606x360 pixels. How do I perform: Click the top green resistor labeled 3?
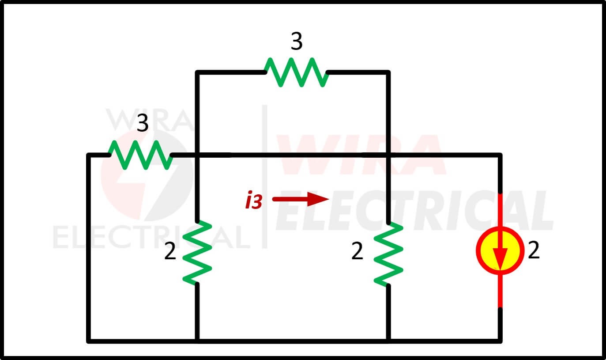[x=297, y=72]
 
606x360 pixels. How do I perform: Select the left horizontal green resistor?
[x=141, y=155]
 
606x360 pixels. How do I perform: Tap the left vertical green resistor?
[x=197, y=253]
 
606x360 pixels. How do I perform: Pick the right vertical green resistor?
[x=388, y=254]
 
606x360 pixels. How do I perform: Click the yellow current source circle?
[x=500, y=250]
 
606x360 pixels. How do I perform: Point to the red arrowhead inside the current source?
[x=500, y=260]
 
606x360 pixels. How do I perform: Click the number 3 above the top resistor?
[x=297, y=41]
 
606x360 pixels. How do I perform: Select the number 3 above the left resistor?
[x=143, y=123]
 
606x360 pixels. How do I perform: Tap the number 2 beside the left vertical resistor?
[x=170, y=251]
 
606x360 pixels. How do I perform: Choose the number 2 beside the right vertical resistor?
[x=357, y=251]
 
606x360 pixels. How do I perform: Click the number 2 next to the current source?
[x=534, y=250]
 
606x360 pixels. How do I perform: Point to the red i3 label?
[x=253, y=200]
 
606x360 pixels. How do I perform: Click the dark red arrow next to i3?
[x=301, y=199]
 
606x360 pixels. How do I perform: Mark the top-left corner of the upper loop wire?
[x=197, y=72]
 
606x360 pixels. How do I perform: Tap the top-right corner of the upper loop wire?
[x=388, y=72]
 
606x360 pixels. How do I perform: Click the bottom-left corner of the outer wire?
[x=88, y=341]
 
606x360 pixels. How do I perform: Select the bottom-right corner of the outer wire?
[x=500, y=341]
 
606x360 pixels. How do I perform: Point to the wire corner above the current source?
[x=500, y=155]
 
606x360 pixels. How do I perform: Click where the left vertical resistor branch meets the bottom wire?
[x=197, y=341]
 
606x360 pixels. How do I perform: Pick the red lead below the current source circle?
[x=500, y=291]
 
